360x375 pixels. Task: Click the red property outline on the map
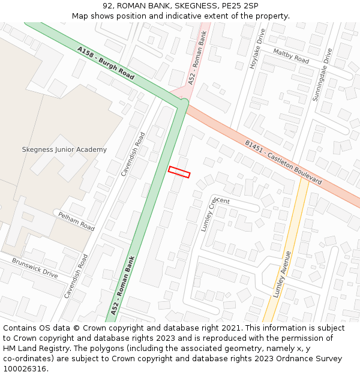pos(179,172)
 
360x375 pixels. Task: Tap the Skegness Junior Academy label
pos(64,149)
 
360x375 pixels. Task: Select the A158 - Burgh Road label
pos(106,64)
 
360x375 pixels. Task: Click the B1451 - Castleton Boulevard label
pos(283,163)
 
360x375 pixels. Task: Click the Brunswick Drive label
pos(35,268)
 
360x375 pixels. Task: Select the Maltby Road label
pos(291,56)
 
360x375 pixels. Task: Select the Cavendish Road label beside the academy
pos(133,154)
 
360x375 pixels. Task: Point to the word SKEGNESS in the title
pos(185,6)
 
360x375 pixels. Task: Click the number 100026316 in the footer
pos(25,368)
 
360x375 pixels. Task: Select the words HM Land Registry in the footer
pos(31,348)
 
